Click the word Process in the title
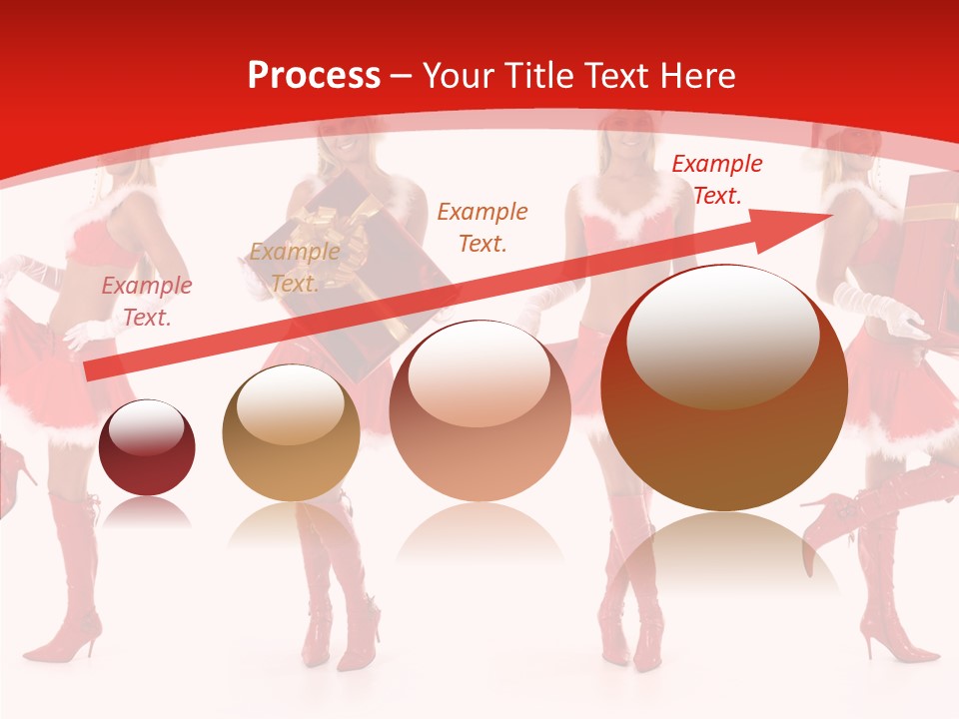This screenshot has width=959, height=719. click(314, 76)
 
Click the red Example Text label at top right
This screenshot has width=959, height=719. click(716, 180)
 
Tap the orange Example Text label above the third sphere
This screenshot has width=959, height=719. click(482, 227)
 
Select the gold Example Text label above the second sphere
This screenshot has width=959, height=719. click(294, 268)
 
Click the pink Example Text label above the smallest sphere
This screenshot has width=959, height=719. click(147, 301)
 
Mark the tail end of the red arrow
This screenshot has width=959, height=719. click(90, 371)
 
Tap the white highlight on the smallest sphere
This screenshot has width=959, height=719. click(146, 429)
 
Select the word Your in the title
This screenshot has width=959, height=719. click(459, 76)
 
